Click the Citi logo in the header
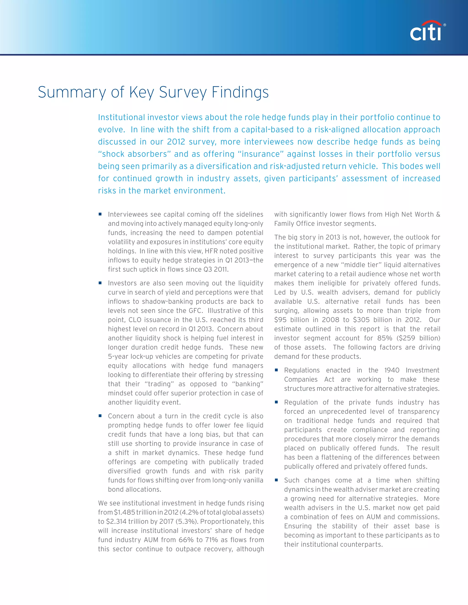[425, 31]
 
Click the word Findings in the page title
[240, 92]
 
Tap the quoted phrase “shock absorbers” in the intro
[134, 154]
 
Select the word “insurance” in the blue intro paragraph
[260, 154]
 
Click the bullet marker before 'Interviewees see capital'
[100, 214]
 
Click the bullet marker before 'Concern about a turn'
[100, 416]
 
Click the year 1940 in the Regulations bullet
[392, 370]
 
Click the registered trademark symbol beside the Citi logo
[445, 25]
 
